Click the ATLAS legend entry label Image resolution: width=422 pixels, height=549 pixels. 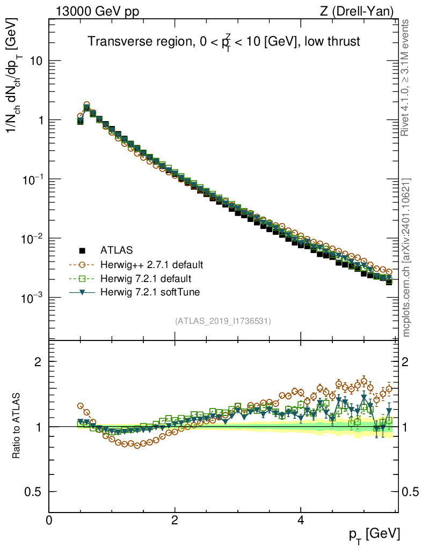click(117, 250)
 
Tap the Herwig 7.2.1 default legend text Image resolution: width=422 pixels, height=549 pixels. click(145, 279)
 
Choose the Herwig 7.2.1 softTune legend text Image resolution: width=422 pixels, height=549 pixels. click(148, 292)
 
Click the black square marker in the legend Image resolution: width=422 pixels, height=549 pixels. click(82, 250)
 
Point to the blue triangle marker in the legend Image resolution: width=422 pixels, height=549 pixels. click(82, 292)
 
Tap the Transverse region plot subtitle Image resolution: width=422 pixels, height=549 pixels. click(224, 42)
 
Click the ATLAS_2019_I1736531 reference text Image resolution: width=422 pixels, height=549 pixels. click(223, 321)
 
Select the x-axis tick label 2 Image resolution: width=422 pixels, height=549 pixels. click(175, 520)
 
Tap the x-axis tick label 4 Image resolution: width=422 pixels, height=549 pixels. click(301, 520)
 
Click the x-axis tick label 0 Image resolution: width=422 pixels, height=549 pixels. click(49, 520)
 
